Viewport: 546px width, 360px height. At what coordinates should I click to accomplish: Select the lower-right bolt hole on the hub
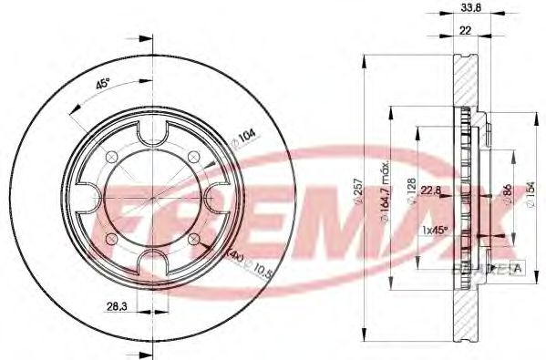(x=194, y=239)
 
